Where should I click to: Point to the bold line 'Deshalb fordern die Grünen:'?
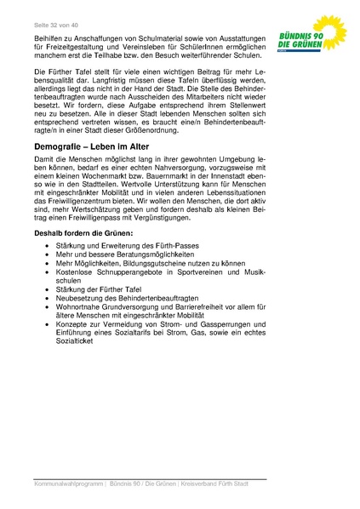click(x=83, y=232)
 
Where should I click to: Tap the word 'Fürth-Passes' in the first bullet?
click(x=182, y=247)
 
